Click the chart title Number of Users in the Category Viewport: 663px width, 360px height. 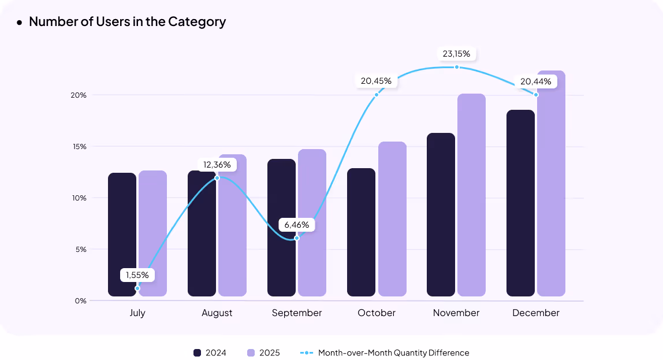pyautogui.click(x=127, y=22)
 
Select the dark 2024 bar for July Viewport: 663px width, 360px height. pyautogui.click(x=122, y=234)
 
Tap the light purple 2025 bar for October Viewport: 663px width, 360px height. pyautogui.click(x=392, y=220)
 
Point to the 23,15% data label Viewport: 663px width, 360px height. pyautogui.click(x=456, y=54)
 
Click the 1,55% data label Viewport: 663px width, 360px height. pyautogui.click(x=137, y=275)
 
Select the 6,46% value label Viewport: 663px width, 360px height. pyautogui.click(x=297, y=224)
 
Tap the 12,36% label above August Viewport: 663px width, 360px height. pyautogui.click(x=217, y=165)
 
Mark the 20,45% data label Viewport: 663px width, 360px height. pyautogui.click(x=376, y=81)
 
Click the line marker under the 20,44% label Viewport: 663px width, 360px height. pyautogui.click(x=536, y=95)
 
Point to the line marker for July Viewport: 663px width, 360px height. pyautogui.click(x=137, y=288)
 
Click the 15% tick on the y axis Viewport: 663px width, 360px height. pyautogui.click(x=80, y=147)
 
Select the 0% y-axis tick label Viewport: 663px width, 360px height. pyautogui.click(x=80, y=301)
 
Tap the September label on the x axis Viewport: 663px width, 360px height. pyautogui.click(x=297, y=313)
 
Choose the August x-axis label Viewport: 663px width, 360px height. pyautogui.click(x=217, y=313)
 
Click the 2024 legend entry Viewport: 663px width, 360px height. pyautogui.click(x=210, y=352)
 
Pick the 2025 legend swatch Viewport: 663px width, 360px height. pyautogui.click(x=251, y=352)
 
